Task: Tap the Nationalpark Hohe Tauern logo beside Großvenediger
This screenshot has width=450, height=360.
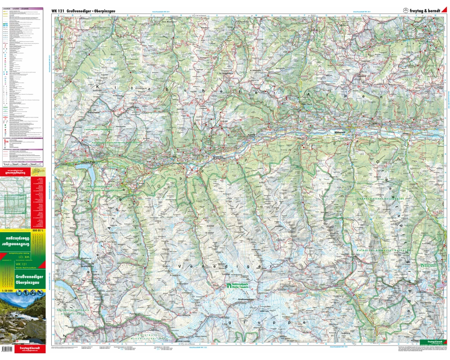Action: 234,286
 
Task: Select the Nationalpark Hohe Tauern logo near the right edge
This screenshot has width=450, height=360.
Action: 429,265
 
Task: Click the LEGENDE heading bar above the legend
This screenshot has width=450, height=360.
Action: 22,9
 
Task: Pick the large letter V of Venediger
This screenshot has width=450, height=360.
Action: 181,266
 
